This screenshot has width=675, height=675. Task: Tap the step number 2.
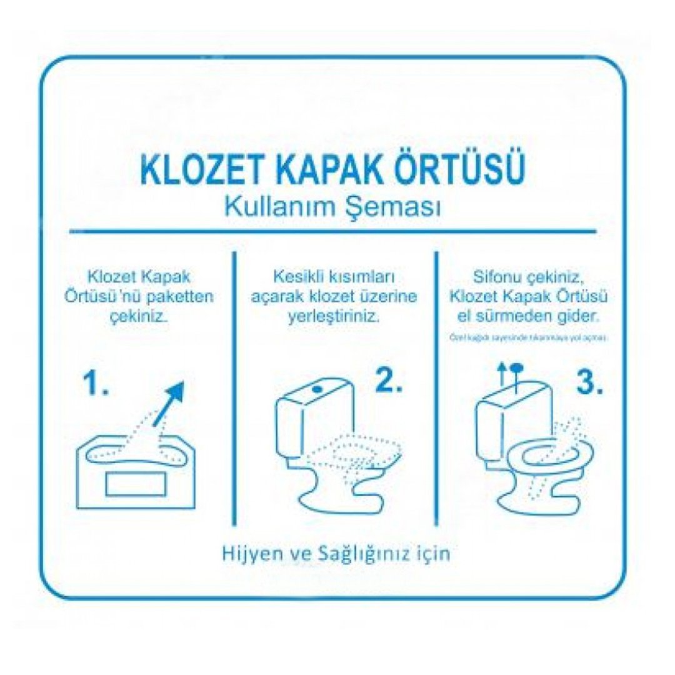point(387,381)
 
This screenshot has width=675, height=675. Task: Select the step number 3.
point(588,383)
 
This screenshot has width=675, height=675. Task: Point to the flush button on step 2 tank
point(318,388)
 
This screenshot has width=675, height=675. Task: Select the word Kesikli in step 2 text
point(297,276)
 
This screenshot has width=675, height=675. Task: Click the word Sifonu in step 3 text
point(496,276)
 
